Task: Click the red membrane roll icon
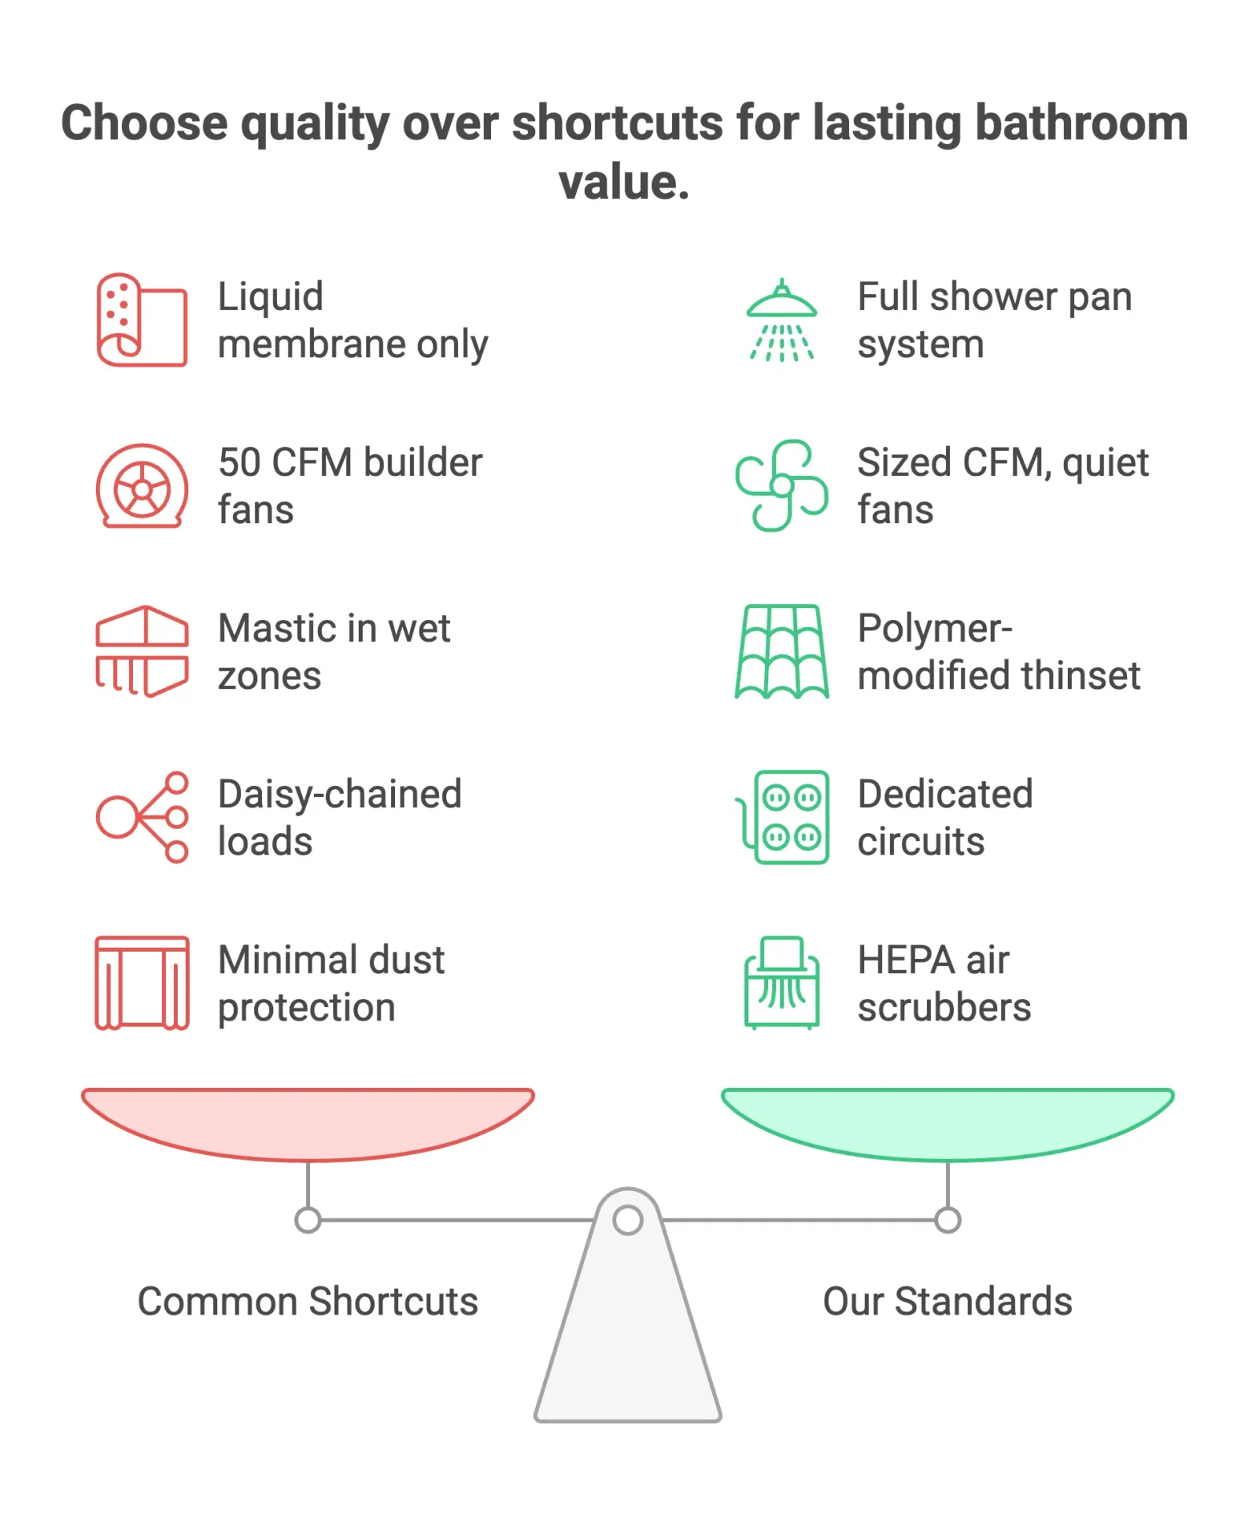(x=142, y=320)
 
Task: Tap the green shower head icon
(x=782, y=320)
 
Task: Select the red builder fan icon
(x=142, y=486)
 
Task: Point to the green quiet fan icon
(x=782, y=485)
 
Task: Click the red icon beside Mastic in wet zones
(x=142, y=651)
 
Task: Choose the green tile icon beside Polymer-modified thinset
(x=782, y=651)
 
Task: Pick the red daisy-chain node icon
(x=142, y=817)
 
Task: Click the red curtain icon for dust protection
(x=142, y=983)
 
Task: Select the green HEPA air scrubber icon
(x=782, y=983)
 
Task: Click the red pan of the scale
(x=308, y=1123)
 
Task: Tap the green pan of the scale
(x=948, y=1123)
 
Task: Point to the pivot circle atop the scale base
(x=628, y=1220)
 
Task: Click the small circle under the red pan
(x=308, y=1220)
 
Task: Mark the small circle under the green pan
(x=948, y=1220)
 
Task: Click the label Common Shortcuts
(x=308, y=1301)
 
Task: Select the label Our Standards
(x=948, y=1301)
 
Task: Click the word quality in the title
(x=315, y=124)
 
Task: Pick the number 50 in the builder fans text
(x=240, y=462)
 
